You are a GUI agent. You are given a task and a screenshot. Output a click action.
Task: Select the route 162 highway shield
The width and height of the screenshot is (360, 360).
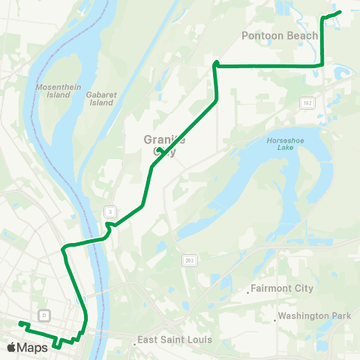click(x=307, y=101)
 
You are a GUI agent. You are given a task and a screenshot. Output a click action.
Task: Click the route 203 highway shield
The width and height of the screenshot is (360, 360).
click(x=189, y=261)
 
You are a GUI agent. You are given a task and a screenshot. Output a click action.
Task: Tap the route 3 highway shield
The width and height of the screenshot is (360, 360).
click(x=110, y=212)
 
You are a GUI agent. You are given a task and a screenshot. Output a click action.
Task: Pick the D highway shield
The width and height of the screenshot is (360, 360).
click(x=45, y=313)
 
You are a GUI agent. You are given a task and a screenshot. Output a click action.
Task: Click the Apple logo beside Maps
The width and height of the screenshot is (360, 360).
click(x=11, y=347)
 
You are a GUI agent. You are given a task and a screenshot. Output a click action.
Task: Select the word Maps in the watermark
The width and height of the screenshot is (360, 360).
click(x=32, y=347)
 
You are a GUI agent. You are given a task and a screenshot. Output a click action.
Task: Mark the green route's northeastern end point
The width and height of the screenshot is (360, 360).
click(x=341, y=11)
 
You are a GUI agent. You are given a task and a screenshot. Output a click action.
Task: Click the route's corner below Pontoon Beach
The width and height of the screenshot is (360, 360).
click(x=322, y=64)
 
